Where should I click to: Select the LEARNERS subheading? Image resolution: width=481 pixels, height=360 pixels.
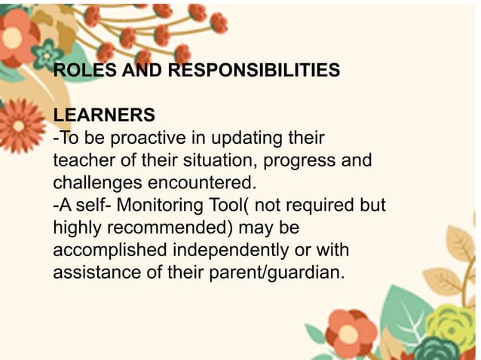pos(104,116)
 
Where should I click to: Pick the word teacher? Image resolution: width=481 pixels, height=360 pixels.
pos(84,161)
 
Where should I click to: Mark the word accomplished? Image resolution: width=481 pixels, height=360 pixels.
pos(109,249)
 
